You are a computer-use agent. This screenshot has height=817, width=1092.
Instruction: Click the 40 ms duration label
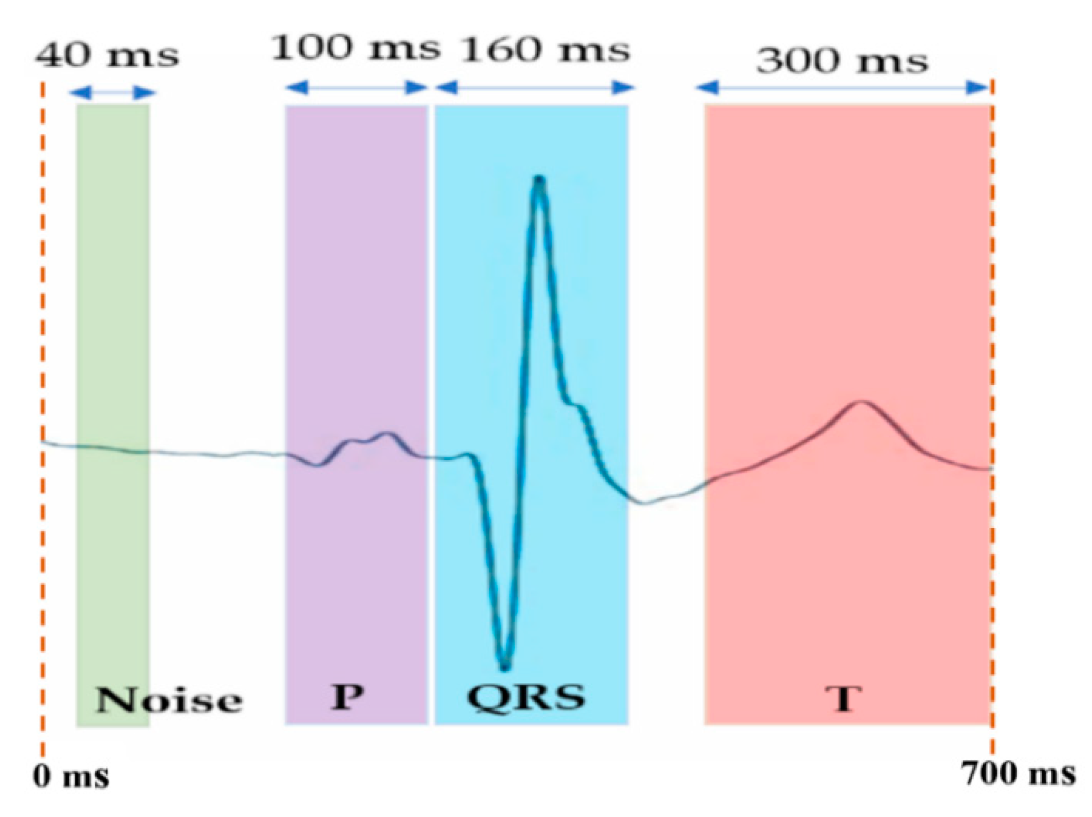coord(107,55)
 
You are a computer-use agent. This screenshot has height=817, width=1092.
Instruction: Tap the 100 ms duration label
coord(355,48)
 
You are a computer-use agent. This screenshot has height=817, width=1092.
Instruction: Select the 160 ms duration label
coord(545,50)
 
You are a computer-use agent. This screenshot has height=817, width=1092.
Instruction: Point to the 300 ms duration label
coord(842,60)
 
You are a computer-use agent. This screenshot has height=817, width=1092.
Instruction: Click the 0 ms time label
coord(71,777)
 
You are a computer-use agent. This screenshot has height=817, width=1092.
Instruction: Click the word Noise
coord(168,700)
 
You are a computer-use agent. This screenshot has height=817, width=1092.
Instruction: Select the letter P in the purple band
coord(347,696)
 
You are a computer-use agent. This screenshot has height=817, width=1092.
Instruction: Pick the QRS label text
coord(526,696)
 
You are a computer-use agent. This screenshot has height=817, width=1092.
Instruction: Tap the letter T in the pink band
coord(844,698)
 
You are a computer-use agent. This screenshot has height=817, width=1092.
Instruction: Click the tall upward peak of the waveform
coord(539,181)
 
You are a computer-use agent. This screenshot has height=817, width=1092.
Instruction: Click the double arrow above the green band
coord(112,92)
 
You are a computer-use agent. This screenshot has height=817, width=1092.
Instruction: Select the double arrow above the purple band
coord(356,88)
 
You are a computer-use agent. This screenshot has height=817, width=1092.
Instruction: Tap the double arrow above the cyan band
coord(534,88)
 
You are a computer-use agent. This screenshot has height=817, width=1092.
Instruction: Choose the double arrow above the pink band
coord(842,88)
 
